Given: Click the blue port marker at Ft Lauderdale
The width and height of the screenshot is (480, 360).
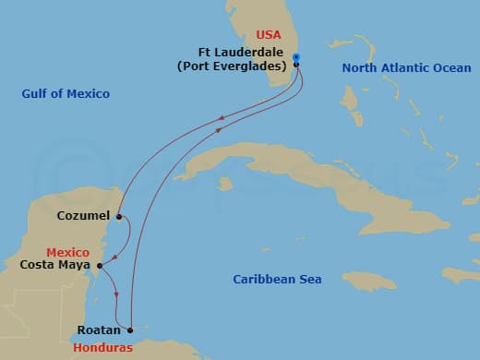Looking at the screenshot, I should pos(296,58).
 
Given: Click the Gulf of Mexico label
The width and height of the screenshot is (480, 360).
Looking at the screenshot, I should pos(66,93).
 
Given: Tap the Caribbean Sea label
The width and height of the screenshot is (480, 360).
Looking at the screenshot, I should pos(277,279).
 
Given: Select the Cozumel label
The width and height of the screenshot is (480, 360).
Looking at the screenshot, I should pos(83,216).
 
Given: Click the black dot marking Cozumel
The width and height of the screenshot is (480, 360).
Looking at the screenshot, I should pos(119,217).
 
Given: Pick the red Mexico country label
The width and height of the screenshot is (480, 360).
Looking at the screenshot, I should pos(68,252).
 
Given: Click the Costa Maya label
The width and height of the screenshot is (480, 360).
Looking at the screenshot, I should pos(54,266).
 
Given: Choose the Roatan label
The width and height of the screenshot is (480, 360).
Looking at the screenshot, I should pos(97,328).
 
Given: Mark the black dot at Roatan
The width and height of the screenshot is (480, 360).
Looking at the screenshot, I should pos(130,330).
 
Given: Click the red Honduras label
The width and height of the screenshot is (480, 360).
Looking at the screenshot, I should pos(103,348).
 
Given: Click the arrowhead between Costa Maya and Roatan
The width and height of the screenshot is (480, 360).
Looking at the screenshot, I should pos(117,294).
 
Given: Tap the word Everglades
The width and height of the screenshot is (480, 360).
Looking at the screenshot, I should pos(250,66).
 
